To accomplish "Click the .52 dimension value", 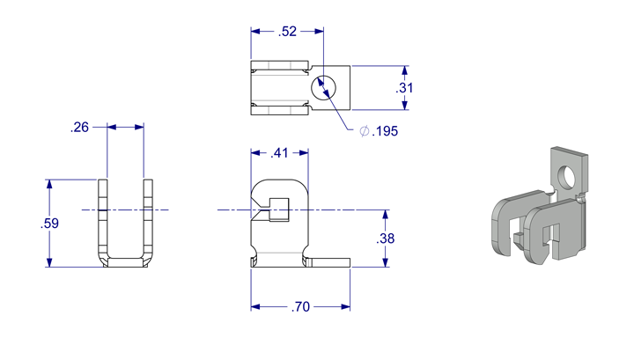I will click(287, 32).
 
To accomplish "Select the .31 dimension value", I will click(404, 88).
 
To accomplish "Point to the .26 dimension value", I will click(79, 128).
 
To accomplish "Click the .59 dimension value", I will click(48, 224).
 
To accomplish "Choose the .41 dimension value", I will click(280, 154).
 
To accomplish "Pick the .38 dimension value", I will click(385, 239).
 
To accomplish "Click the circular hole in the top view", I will click(327, 88).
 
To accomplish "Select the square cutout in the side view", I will click(280, 211).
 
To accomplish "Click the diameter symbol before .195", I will click(364, 131).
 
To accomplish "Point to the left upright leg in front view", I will click(102, 220).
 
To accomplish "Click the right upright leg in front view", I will click(148, 220).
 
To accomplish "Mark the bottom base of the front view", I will click(125, 261).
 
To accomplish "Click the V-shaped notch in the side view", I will click(258, 211).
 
